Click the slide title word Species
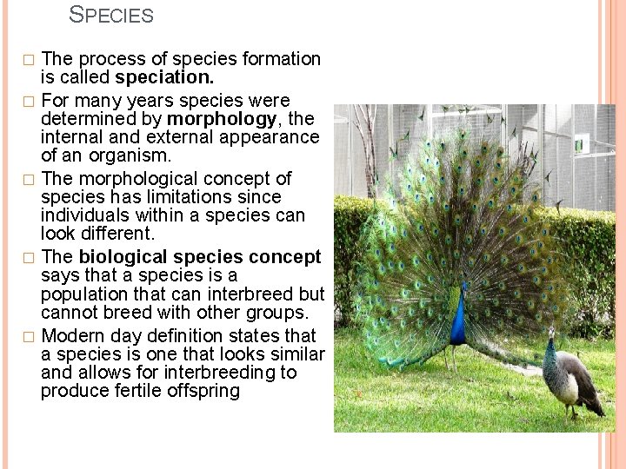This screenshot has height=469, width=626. (x=110, y=16)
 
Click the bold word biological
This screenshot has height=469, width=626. (x=120, y=257)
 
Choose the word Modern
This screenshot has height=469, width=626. (x=75, y=335)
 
